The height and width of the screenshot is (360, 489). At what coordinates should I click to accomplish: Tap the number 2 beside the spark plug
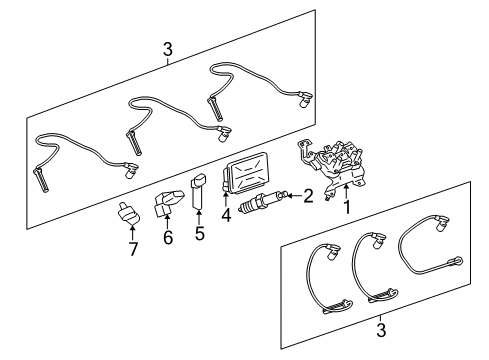[x=309, y=196]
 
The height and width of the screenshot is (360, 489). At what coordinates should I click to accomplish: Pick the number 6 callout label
[x=168, y=239]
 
